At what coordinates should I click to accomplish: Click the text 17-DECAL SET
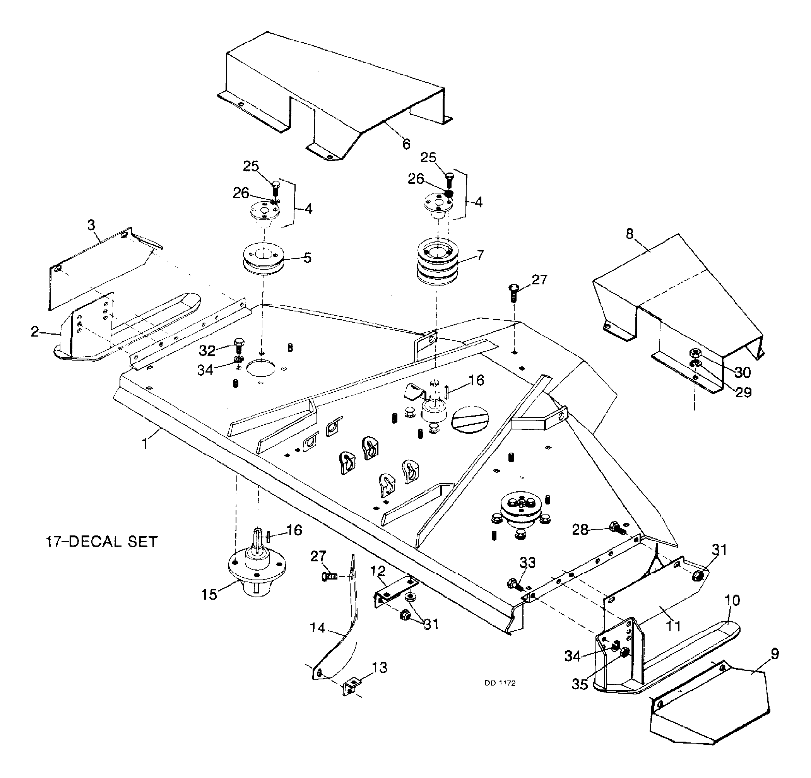[101, 541]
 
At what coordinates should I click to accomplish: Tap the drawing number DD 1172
[500, 683]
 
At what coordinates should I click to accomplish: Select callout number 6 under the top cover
[406, 144]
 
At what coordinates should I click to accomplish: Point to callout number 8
[630, 234]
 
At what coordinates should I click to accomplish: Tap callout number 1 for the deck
[145, 444]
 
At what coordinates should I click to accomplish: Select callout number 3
[91, 225]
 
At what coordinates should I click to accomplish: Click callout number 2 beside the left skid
[35, 331]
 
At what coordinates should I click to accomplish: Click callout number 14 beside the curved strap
[318, 628]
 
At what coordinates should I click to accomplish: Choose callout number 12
[378, 571]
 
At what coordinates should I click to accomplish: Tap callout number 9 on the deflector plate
[775, 653]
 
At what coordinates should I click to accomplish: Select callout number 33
[527, 563]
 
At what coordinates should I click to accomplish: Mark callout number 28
[580, 530]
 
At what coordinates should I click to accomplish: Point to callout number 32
[207, 351]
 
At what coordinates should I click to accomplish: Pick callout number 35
[580, 684]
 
